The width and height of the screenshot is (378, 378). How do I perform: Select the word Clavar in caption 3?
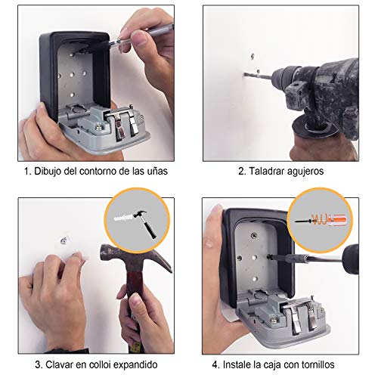(59, 364)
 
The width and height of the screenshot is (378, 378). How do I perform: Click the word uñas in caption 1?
(157, 172)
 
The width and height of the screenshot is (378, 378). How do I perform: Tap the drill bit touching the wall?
(258, 76)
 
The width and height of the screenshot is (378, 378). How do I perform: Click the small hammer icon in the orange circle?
(144, 224)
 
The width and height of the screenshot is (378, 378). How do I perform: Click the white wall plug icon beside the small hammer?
(123, 217)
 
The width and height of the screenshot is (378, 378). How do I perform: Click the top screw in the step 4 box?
(254, 235)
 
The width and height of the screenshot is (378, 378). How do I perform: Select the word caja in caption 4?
(272, 365)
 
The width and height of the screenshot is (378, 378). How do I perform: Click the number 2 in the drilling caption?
(241, 172)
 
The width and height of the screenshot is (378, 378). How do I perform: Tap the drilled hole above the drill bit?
(253, 56)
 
